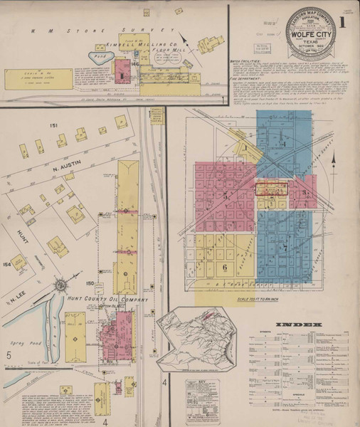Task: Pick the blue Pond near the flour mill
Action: point(100,56)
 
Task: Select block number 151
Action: point(53,125)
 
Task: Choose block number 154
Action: point(6,265)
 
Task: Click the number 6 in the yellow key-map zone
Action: point(224,268)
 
